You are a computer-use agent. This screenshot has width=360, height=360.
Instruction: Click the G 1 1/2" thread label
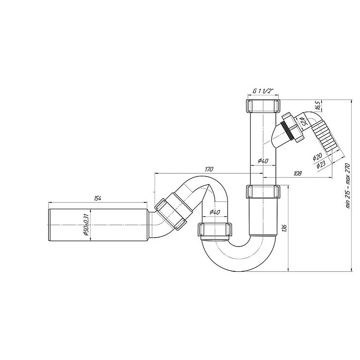coord(263,91)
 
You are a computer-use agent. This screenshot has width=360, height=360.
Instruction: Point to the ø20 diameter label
coord(317,157)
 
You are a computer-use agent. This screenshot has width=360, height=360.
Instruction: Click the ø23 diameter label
coord(321,164)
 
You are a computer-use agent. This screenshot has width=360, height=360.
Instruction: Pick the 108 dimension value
coord(297,173)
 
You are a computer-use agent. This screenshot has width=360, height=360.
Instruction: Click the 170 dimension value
coord(209,169)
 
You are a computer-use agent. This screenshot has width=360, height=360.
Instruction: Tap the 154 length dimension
coord(98,198)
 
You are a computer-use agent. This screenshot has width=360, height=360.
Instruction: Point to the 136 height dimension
coord(284,229)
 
